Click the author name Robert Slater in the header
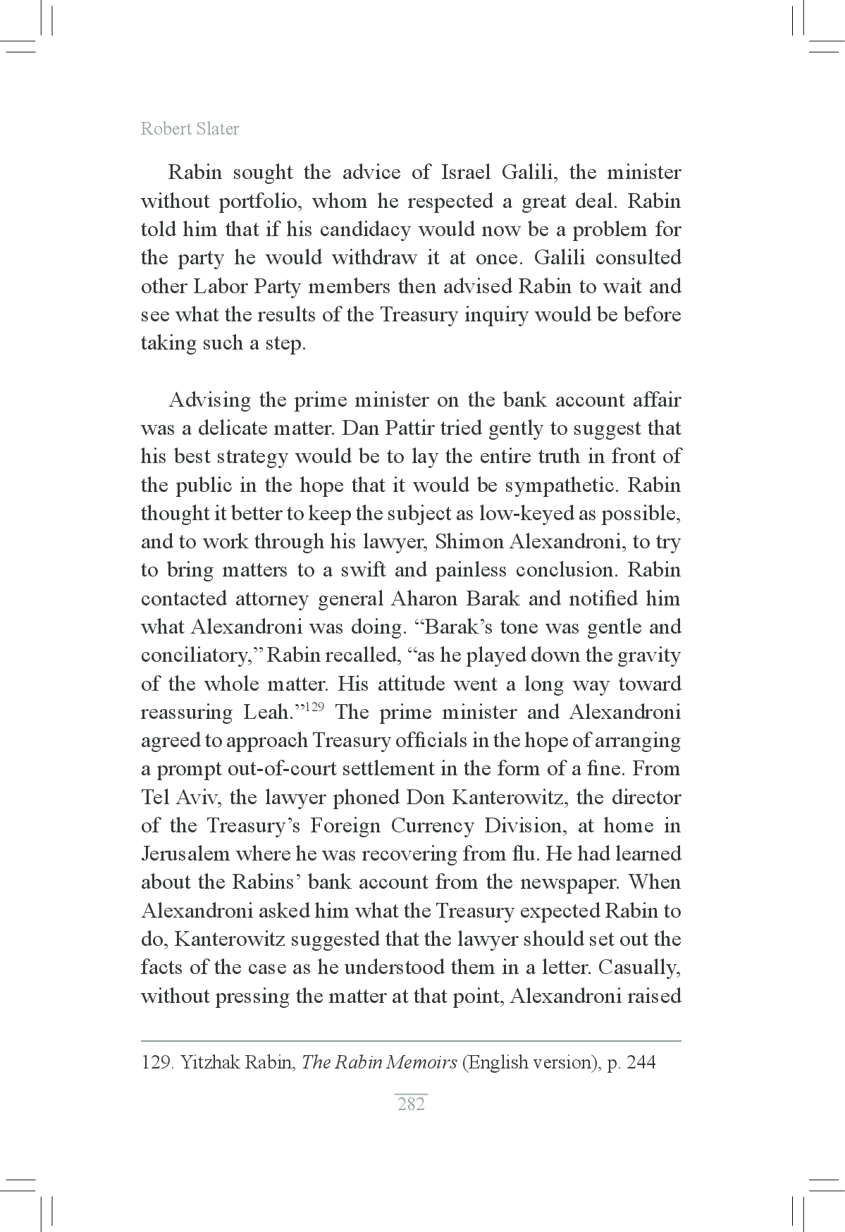(190, 129)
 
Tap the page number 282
(411, 1104)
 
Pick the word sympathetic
(556, 486)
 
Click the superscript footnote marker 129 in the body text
(314, 707)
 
